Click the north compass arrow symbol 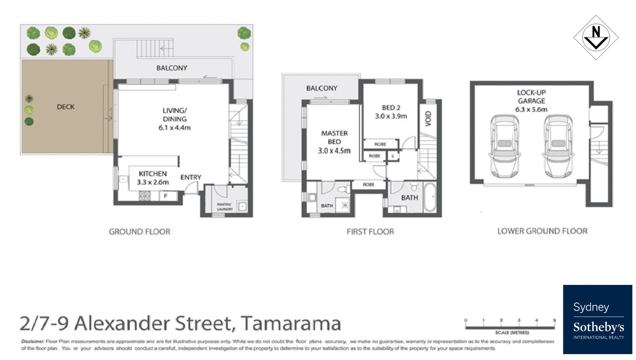pyautogui.click(x=595, y=37)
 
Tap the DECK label pyautogui.click(x=66, y=107)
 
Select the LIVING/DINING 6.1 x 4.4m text pyautogui.click(x=175, y=119)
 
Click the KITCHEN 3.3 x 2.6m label pyautogui.click(x=153, y=178)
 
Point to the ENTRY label pyautogui.click(x=191, y=177)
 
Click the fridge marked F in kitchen pyautogui.click(x=166, y=195)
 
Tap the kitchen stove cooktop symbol pyautogui.click(x=145, y=195)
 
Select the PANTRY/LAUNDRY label pyautogui.click(x=225, y=207)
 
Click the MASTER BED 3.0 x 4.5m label pyautogui.click(x=334, y=142)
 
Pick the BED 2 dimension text pyautogui.click(x=391, y=116)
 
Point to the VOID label pyautogui.click(x=428, y=119)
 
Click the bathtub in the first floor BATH pyautogui.click(x=430, y=197)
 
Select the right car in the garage pyautogui.click(x=558, y=146)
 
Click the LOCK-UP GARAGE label pyautogui.click(x=531, y=101)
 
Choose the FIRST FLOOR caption pyautogui.click(x=370, y=232)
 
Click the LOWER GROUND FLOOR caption pyautogui.click(x=542, y=231)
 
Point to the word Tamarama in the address pyautogui.click(x=291, y=323)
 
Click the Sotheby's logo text pyautogui.click(x=598, y=327)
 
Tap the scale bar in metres pyautogui.click(x=510, y=327)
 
